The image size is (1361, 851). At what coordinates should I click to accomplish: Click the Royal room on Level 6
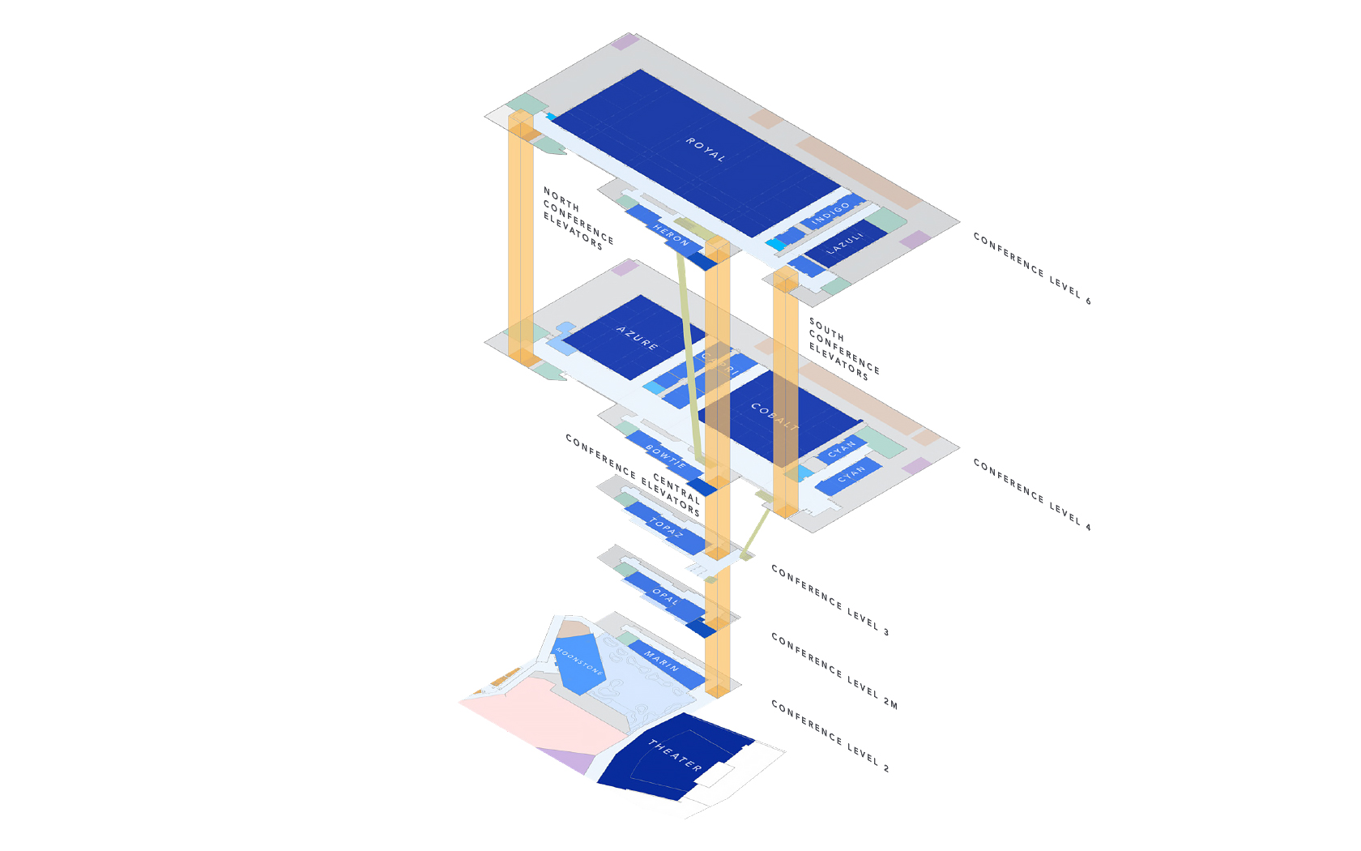click(705, 150)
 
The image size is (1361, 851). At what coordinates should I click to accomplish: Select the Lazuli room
click(845, 243)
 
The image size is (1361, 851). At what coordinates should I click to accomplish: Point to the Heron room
click(672, 236)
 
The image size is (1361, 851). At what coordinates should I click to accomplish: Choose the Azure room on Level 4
click(638, 337)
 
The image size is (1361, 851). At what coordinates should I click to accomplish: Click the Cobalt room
click(774, 417)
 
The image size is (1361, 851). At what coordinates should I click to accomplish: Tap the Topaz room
click(666, 528)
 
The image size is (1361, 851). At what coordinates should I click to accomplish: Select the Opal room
click(665, 597)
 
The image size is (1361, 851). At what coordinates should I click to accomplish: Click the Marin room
click(661, 661)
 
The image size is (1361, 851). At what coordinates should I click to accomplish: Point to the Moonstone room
click(578, 661)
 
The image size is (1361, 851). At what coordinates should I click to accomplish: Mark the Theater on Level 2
click(674, 755)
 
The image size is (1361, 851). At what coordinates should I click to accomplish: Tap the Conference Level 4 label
click(1032, 495)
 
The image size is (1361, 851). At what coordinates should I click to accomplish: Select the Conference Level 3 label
click(830, 601)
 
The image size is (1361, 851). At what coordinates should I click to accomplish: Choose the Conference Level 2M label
click(834, 671)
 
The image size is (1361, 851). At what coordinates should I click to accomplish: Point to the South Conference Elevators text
click(843, 349)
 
